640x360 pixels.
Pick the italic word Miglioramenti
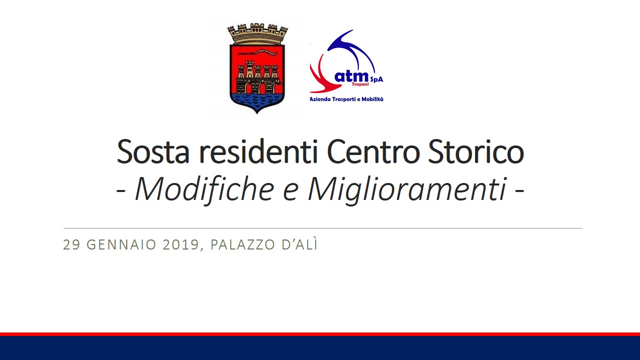407,190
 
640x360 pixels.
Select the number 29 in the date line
71,245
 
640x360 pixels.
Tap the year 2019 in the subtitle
181,245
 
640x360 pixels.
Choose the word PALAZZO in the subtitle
243,245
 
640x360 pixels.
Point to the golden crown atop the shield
257,34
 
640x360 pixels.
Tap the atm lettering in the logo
351,76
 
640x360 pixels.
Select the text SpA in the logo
376,79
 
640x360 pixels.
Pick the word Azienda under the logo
320,99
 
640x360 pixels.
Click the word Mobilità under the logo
372,99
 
